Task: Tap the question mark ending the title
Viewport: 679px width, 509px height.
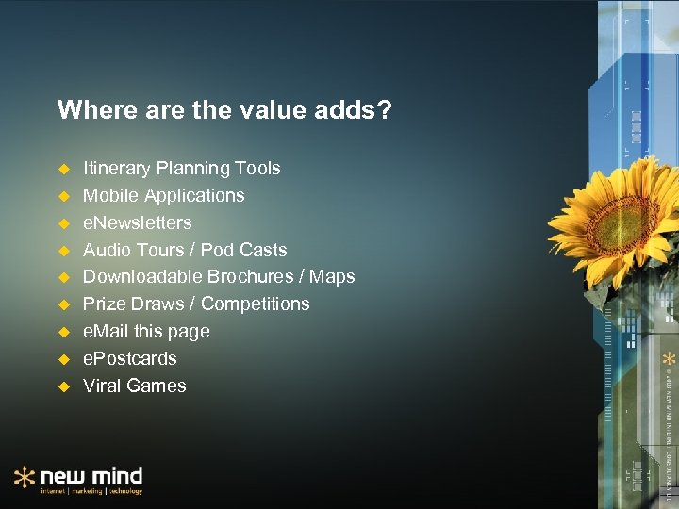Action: [x=384, y=111]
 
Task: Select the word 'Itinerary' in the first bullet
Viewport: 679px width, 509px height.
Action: [x=117, y=169]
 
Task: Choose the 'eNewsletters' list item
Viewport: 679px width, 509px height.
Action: [x=137, y=223]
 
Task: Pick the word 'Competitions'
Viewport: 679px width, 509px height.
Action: [x=255, y=304]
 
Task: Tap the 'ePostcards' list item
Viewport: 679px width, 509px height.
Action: [x=129, y=359]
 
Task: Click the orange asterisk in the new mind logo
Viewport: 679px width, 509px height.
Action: [x=25, y=477]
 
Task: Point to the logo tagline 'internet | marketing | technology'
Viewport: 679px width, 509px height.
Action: [x=91, y=491]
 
